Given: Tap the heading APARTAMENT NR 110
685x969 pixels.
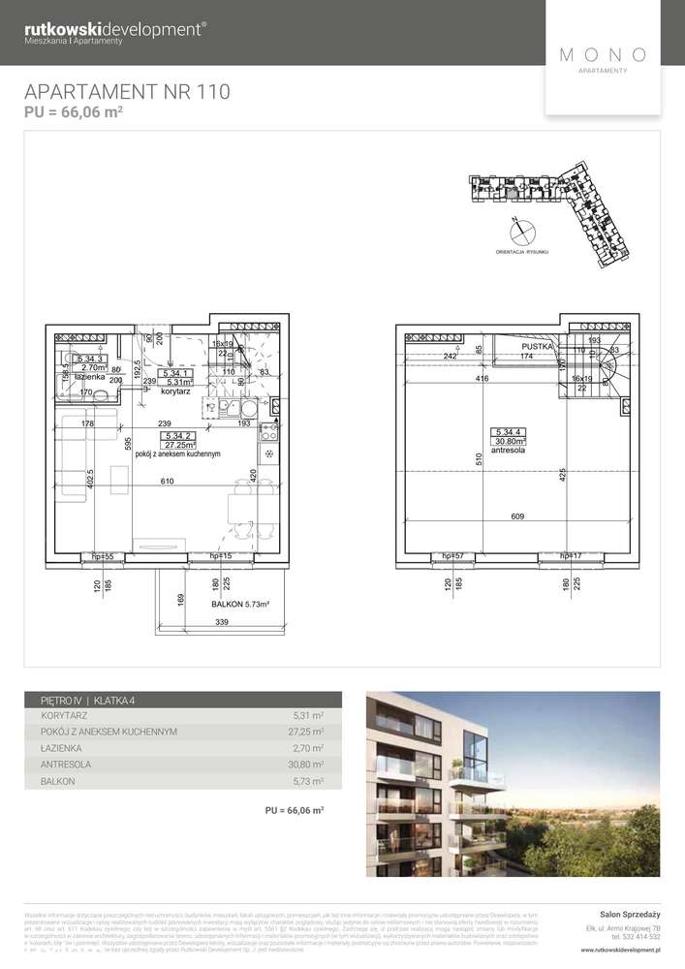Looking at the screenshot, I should [127, 93].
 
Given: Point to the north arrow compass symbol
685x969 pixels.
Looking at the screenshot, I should [523, 231].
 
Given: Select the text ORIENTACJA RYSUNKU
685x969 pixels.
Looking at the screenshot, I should [523, 251].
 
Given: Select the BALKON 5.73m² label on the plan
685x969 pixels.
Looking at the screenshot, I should [240, 605].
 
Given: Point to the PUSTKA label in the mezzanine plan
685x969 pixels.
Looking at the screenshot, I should [538, 345].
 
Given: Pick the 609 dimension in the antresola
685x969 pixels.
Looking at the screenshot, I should [518, 516].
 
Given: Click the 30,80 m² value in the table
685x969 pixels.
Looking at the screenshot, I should [306, 766].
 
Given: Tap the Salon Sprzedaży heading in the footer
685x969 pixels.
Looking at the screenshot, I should [630, 914].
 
